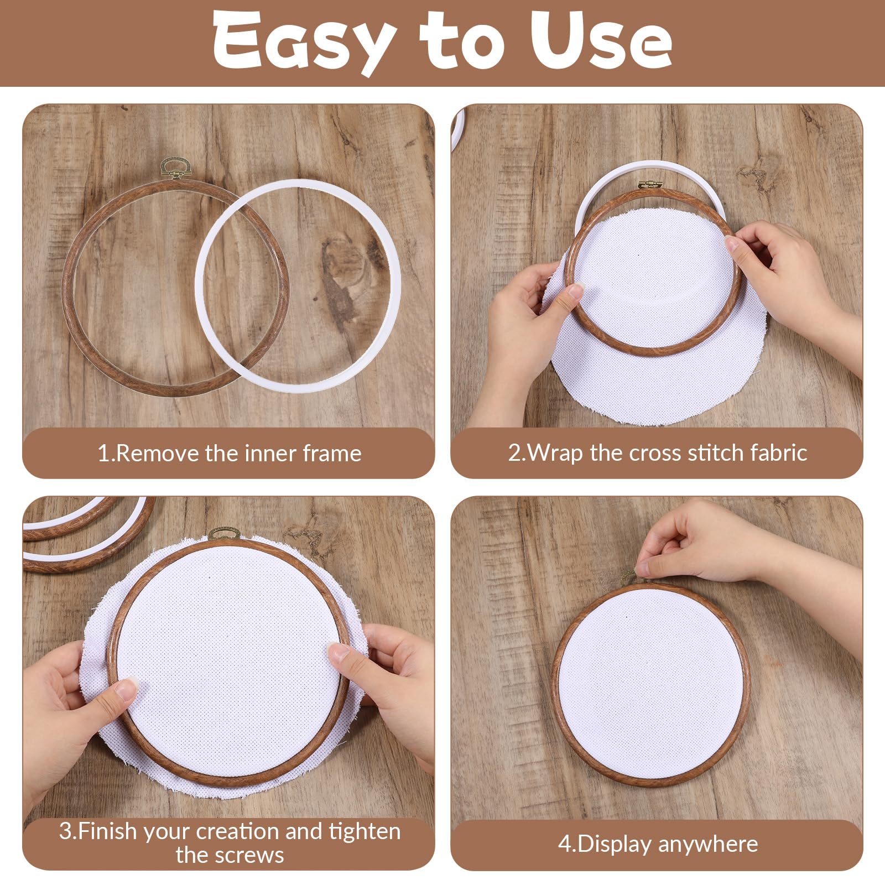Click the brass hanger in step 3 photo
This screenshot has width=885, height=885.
point(224,534)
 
